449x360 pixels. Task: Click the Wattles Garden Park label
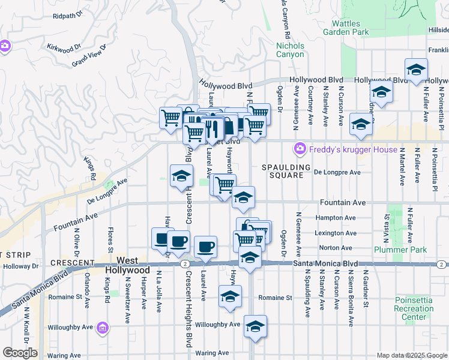tap(350, 28)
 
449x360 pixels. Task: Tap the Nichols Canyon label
tap(290, 50)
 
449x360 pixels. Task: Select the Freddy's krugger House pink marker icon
tap(299, 148)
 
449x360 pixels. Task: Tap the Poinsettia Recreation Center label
tap(414, 308)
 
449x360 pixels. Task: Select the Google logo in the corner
tap(20, 353)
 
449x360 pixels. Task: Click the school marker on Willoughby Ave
tap(255, 326)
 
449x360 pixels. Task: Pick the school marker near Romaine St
tap(230, 296)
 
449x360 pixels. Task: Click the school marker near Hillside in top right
tap(416, 70)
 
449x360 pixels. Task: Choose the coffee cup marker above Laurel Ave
tap(205, 246)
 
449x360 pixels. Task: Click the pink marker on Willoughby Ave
tap(103, 328)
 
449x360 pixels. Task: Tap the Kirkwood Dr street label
tap(63, 47)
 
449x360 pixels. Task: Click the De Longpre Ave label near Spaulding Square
tap(337, 172)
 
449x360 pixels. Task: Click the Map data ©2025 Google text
tap(411, 355)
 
